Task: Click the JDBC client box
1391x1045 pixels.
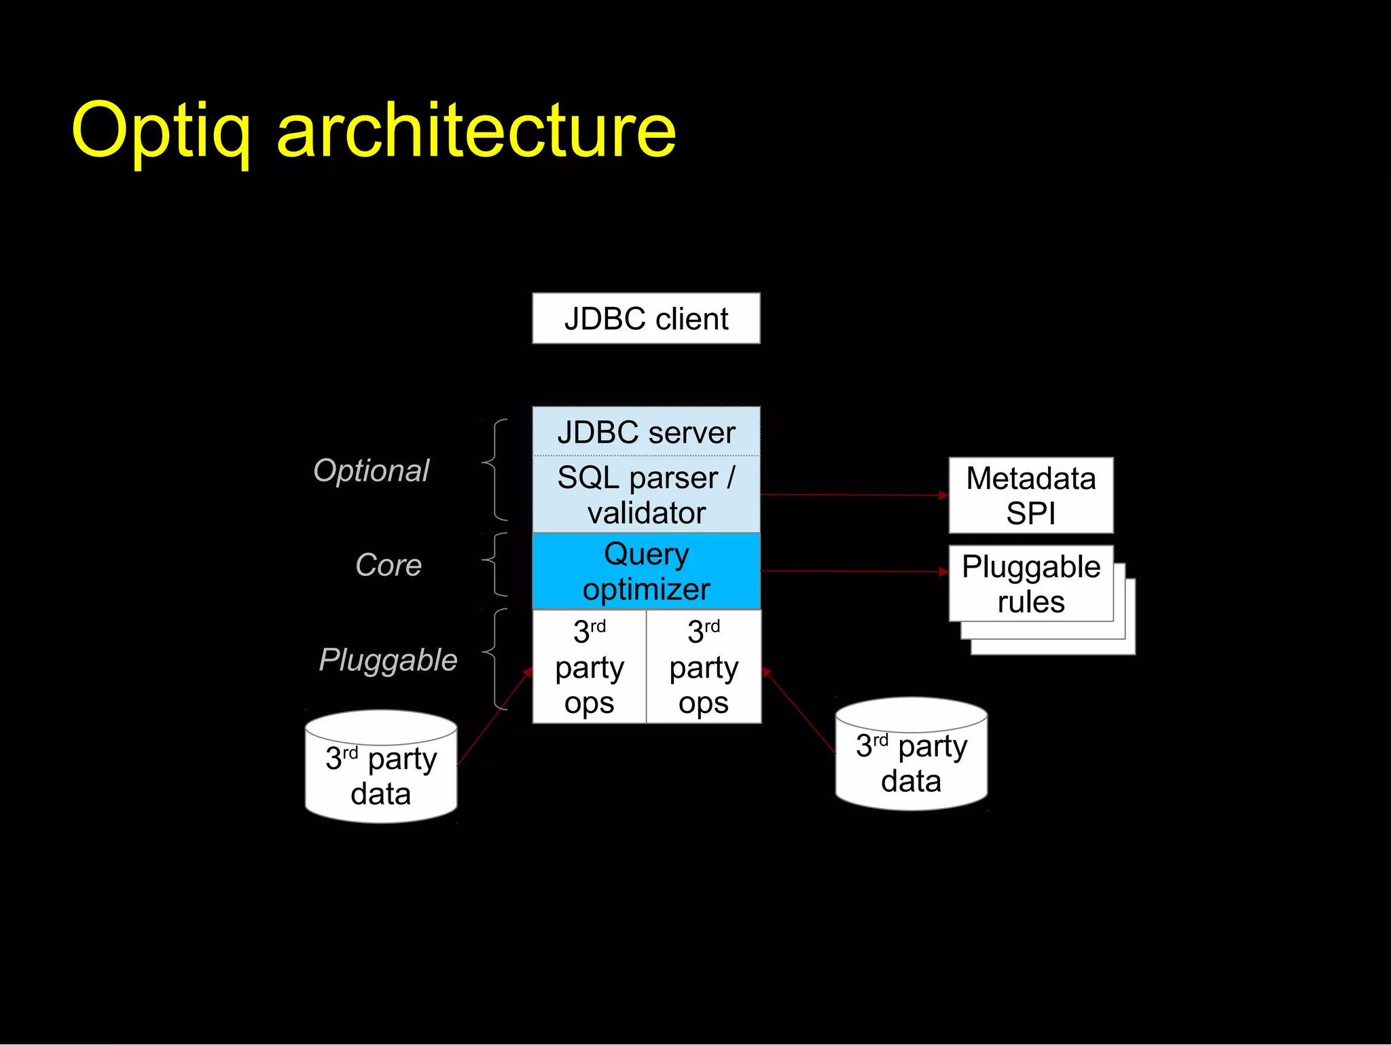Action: [x=646, y=318]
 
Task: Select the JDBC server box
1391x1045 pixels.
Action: [x=646, y=432]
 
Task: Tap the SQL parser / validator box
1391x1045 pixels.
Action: [x=646, y=494]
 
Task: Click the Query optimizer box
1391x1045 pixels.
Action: [x=646, y=571]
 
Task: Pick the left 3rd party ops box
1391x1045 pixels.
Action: [x=589, y=667]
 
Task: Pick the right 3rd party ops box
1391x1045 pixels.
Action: [x=704, y=667]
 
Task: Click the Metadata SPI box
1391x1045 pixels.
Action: [x=1030, y=495]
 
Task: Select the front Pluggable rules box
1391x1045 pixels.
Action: [x=1030, y=583]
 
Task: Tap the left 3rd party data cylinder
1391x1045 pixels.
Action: [x=381, y=774]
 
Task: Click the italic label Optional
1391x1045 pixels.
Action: [x=371, y=471]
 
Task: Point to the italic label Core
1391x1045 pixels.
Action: [x=389, y=565]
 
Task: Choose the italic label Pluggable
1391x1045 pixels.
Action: [x=388, y=660]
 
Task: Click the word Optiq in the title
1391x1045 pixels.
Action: [x=161, y=130]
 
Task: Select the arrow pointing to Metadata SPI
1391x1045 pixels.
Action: [x=854, y=495]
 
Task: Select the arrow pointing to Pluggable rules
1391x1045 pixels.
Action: [x=854, y=571]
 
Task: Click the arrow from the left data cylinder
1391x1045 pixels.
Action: [x=494, y=717]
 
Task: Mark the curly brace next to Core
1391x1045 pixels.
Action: [x=495, y=564]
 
